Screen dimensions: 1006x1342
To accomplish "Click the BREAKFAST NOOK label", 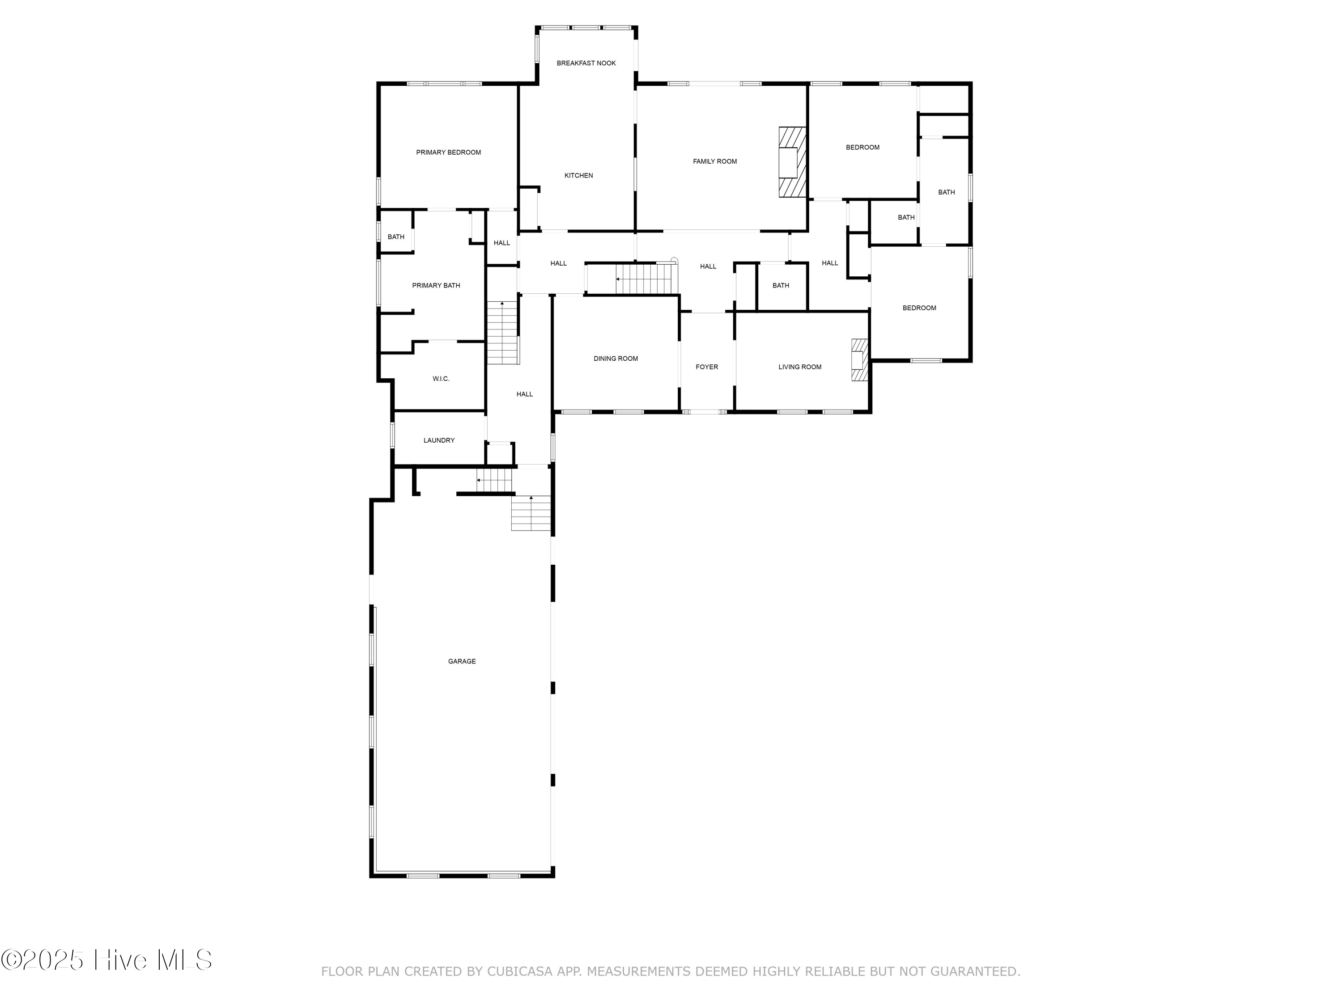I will click(586, 63).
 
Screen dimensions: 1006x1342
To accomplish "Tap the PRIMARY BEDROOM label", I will click(448, 152).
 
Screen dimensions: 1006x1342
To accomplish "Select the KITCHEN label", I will click(578, 175).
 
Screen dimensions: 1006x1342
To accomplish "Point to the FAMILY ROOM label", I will click(715, 161).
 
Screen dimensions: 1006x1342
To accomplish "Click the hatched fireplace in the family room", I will click(792, 162).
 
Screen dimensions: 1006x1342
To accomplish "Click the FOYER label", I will click(707, 367).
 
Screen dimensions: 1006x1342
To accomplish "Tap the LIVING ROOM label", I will click(800, 367).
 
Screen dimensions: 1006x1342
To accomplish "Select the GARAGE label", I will click(462, 661).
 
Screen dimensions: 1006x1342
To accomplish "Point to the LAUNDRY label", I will click(439, 440).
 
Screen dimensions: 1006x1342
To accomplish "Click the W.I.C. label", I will click(441, 378).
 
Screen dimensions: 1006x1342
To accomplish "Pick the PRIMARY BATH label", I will click(436, 285).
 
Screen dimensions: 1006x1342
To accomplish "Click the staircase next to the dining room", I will click(644, 279).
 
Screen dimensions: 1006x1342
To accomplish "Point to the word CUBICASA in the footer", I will click(519, 972).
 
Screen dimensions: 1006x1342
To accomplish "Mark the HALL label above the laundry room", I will click(524, 394).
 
